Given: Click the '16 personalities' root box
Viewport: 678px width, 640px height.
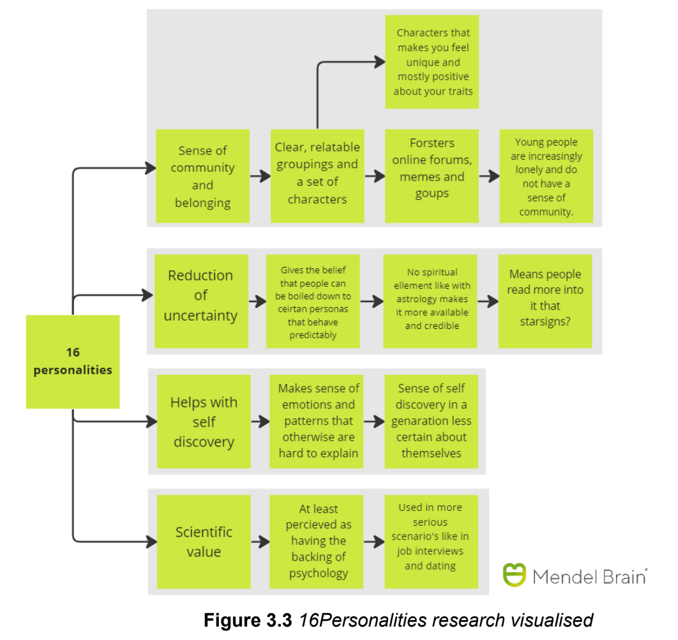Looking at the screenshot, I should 73,362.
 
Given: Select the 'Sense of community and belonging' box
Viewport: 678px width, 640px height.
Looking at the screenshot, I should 202,176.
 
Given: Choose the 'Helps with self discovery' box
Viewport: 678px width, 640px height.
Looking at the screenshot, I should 204,422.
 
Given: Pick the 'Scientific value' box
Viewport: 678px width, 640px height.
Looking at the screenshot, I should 204,542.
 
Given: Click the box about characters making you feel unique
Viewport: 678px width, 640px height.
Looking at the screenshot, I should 432,62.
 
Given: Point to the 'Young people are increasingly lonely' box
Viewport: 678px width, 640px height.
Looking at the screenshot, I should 546,176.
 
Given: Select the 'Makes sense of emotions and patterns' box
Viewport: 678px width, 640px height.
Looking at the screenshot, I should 317,422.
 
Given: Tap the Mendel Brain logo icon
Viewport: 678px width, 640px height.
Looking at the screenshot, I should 514,575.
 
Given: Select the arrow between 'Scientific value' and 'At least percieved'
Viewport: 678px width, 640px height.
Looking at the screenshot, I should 260,542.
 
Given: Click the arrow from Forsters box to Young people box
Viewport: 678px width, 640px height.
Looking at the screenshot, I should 489,176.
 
